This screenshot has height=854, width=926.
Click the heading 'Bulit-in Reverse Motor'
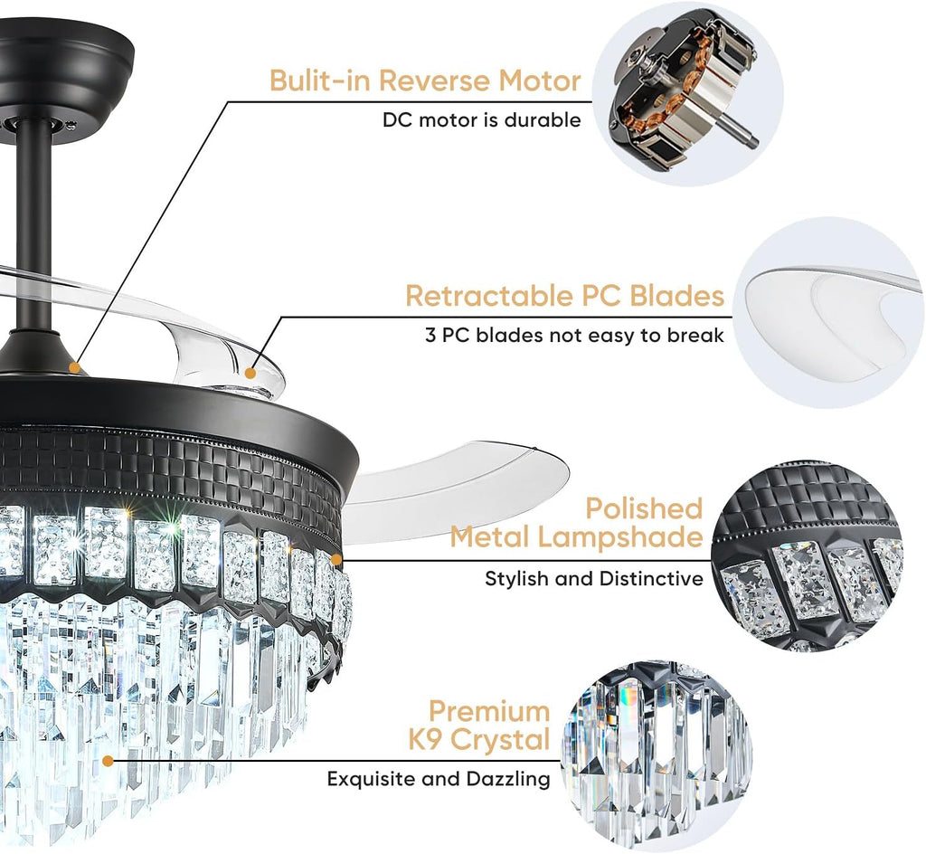tap(425, 81)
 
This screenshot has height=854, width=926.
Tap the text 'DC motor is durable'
tap(482, 120)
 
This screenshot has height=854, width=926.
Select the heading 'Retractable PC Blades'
tap(564, 296)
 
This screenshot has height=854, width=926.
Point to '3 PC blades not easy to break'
tap(574, 336)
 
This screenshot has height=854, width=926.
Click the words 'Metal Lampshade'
tap(576, 537)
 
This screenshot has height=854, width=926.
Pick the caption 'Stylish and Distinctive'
tap(594, 578)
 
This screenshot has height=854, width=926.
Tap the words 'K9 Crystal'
tap(479, 739)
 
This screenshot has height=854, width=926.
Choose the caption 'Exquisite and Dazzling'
tap(439, 779)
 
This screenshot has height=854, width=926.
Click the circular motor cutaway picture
tap(688, 93)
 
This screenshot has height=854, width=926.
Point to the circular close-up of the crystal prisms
tap(657, 757)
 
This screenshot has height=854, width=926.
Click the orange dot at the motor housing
tap(74, 366)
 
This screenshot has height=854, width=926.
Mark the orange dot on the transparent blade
tap(250, 374)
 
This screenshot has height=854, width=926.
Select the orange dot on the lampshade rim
tap(336, 559)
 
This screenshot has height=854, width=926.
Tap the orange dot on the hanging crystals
tap(109, 761)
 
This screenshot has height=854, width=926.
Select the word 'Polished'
tap(644, 508)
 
